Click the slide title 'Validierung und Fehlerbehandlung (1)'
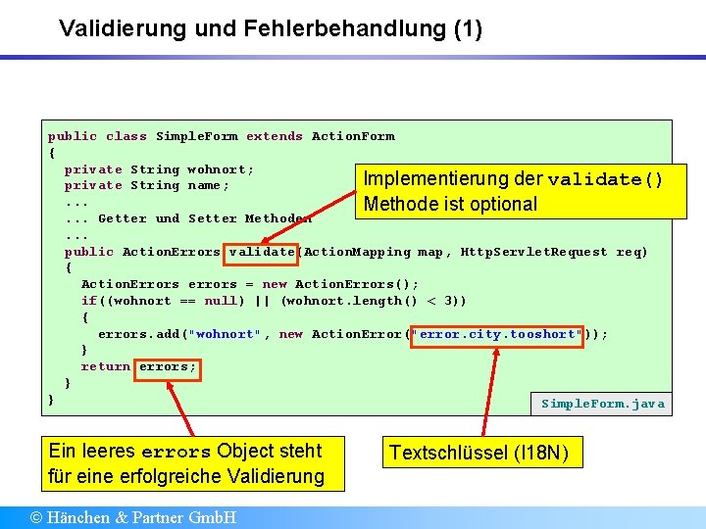(271, 28)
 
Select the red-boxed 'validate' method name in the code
(262, 252)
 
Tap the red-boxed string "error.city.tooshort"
(498, 334)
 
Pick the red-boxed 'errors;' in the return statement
(167, 366)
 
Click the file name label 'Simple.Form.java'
(603, 403)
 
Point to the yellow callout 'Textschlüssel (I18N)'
(479, 453)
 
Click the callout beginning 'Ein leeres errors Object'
(185, 463)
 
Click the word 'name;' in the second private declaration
(208, 185)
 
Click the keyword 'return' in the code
(105, 366)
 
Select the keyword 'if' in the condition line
(88, 301)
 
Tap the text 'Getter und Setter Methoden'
(204, 218)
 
